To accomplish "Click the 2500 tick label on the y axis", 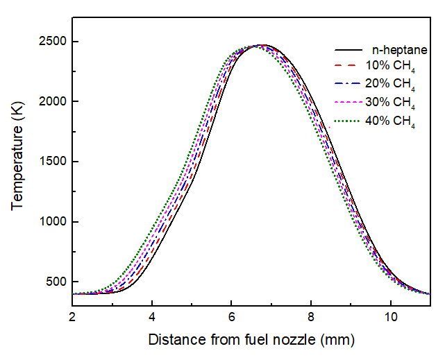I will coord(53,42).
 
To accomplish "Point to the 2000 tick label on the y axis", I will coord(53,102).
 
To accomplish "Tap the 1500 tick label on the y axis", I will coord(53,162).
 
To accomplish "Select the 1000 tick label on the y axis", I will coord(53,222).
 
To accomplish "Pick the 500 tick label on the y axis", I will coord(56,282).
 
